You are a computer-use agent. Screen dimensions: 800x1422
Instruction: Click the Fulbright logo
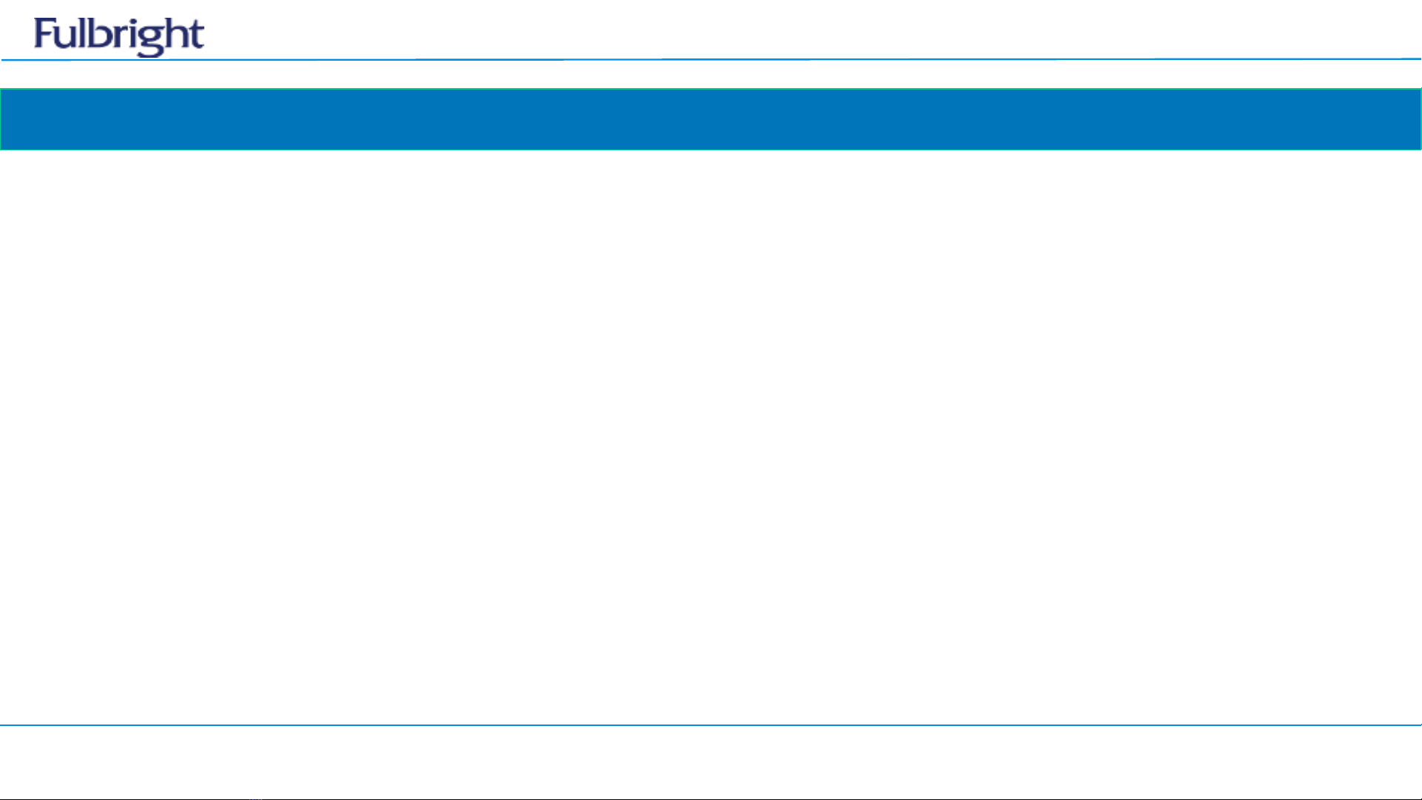pos(118,36)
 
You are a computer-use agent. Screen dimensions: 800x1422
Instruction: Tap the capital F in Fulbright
pos(44,34)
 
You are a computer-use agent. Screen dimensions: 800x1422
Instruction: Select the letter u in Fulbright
pos(67,38)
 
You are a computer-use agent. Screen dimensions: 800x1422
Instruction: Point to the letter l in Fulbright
pos(83,33)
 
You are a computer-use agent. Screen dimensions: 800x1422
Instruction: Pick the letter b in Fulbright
pos(99,36)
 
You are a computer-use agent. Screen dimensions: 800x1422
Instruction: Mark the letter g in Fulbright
pos(147,40)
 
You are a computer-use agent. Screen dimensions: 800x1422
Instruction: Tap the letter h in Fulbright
pos(172,35)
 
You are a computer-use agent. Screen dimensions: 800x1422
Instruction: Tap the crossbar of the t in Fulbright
pos(195,29)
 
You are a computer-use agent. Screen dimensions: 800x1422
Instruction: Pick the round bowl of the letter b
pos(102,39)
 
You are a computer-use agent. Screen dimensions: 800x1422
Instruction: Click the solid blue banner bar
pos(711,119)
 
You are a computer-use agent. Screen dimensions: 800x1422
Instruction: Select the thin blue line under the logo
pos(711,59)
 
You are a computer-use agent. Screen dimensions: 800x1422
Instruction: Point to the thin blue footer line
pos(711,725)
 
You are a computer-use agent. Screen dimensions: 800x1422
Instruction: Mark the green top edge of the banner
pos(711,89)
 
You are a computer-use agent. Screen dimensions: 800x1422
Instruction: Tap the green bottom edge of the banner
pos(711,149)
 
